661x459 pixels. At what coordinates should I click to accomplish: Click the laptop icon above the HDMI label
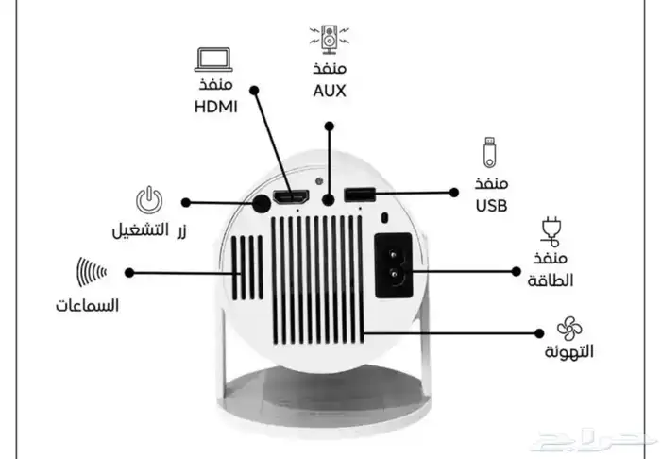pos(212,59)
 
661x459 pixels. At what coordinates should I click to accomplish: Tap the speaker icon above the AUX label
pos(329,38)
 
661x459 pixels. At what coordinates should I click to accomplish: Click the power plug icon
pos(549,230)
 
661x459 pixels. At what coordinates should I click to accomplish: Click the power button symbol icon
pos(149,201)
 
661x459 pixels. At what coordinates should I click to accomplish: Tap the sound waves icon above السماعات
pos(91,272)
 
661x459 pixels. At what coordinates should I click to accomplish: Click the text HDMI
pos(214,107)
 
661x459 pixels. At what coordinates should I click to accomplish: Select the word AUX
pos(330,92)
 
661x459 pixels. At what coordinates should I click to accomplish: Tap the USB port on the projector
pos(360,195)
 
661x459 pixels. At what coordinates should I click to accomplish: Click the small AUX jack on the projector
pos(328,199)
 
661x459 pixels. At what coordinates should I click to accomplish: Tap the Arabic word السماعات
pos(87,307)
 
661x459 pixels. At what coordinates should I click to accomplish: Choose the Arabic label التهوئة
pos(569,353)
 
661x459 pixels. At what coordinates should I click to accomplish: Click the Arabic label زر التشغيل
pos(149,230)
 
